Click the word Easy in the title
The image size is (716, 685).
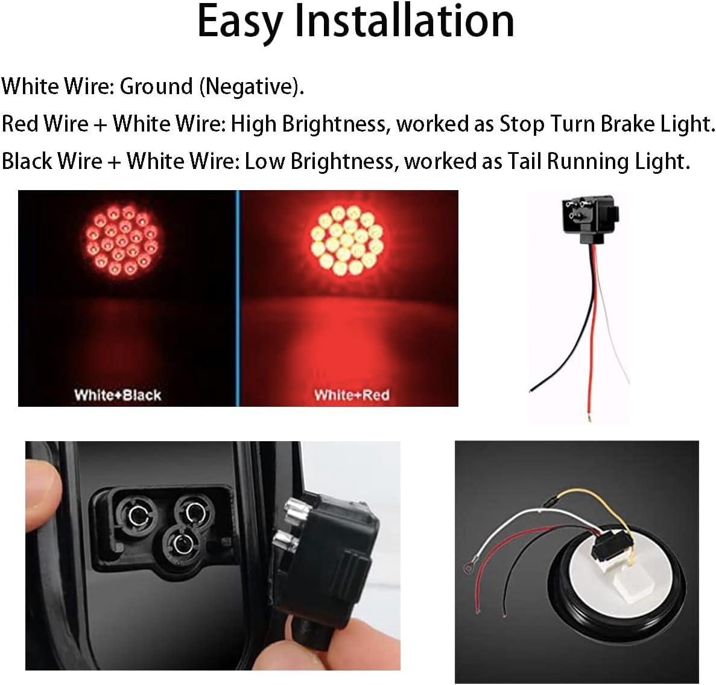tap(239, 22)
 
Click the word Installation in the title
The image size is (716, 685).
tap(404, 22)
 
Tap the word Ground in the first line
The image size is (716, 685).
tap(156, 86)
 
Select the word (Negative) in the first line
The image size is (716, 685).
tap(251, 87)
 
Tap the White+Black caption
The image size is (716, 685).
tap(118, 395)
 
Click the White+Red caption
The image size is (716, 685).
tap(352, 395)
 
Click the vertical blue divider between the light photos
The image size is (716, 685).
tap(238, 298)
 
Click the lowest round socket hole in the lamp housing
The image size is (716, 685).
tap(179, 544)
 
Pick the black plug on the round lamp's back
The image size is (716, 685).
tap(610, 550)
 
